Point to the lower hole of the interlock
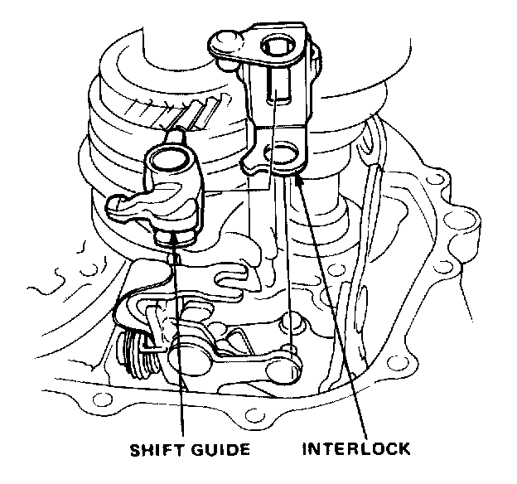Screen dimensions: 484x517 [x=282, y=154]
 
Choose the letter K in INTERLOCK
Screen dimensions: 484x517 [x=403, y=450]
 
